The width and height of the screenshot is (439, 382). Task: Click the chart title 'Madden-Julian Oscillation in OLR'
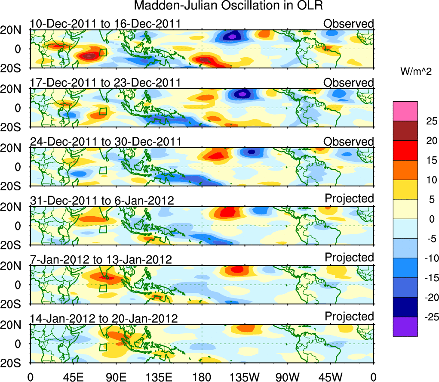[228, 6]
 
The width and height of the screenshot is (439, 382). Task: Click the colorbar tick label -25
[426, 317]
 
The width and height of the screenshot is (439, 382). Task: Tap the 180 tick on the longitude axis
[202, 376]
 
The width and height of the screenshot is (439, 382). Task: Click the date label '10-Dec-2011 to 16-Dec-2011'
[105, 24]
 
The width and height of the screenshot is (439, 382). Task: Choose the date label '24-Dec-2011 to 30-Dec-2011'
[105, 142]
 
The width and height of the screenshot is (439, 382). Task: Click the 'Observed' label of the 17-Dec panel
[349, 82]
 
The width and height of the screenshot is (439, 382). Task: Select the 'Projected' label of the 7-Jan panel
[349, 257]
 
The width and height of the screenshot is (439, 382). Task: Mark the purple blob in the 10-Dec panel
[232, 37]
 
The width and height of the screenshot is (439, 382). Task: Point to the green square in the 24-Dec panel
[103, 170]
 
